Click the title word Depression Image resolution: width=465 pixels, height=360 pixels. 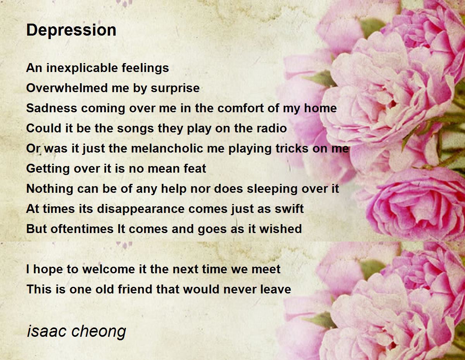71,30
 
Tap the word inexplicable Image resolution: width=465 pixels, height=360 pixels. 82,69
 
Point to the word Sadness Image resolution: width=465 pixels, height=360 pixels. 52,108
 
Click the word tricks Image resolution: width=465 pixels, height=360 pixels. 292,148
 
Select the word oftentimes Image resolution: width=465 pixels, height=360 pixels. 82,229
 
